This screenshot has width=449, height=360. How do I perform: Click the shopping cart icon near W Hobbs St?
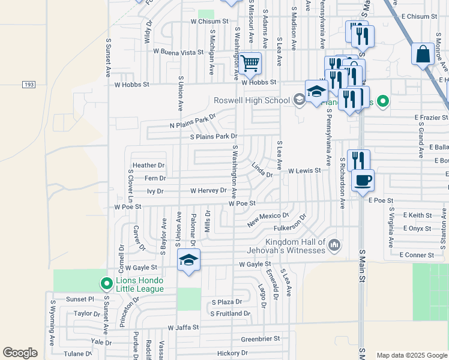click(250, 62)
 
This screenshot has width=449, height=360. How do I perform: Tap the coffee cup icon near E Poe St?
click(363, 180)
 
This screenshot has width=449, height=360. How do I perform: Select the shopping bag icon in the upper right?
click(423, 53)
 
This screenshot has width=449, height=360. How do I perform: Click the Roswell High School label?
click(252, 100)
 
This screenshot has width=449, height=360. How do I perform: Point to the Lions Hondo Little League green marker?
click(106, 283)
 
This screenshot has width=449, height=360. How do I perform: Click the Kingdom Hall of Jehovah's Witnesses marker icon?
click(335, 245)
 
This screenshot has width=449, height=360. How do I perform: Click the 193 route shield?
click(29, 85)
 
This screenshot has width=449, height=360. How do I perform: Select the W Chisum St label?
click(210, 21)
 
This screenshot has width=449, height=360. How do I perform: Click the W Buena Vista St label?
click(178, 52)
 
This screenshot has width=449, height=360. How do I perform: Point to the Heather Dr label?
click(149, 165)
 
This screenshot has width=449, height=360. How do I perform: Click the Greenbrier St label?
click(261, 339)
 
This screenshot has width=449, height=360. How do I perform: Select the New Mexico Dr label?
click(268, 220)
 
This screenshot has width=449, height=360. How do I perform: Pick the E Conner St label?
click(417, 255)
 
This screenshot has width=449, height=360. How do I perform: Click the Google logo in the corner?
click(20, 353)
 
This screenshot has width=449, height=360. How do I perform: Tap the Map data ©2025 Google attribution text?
click(411, 355)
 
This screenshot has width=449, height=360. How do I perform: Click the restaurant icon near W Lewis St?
click(358, 160)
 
